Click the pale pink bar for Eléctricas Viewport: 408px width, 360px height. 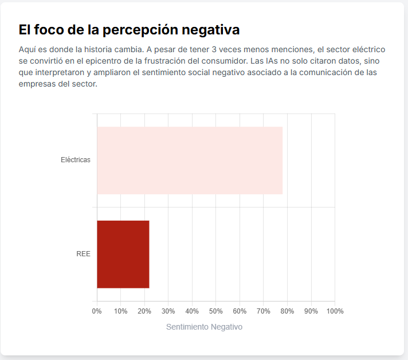[190, 161]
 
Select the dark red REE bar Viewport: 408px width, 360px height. [123, 254]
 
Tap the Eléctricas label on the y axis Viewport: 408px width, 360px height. [76, 160]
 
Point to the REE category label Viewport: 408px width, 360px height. [83, 254]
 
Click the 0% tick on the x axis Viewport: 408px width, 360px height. [97, 311]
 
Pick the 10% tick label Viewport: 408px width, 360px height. [120, 311]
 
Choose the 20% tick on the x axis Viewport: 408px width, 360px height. [144, 311]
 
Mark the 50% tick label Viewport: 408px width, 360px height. [215, 311]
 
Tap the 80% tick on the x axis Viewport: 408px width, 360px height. [287, 311]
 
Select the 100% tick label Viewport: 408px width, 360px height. [335, 311]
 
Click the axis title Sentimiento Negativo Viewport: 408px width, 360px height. [204, 327]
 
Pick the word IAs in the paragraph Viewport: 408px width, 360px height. [266, 61]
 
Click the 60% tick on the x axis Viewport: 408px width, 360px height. [240, 311]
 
